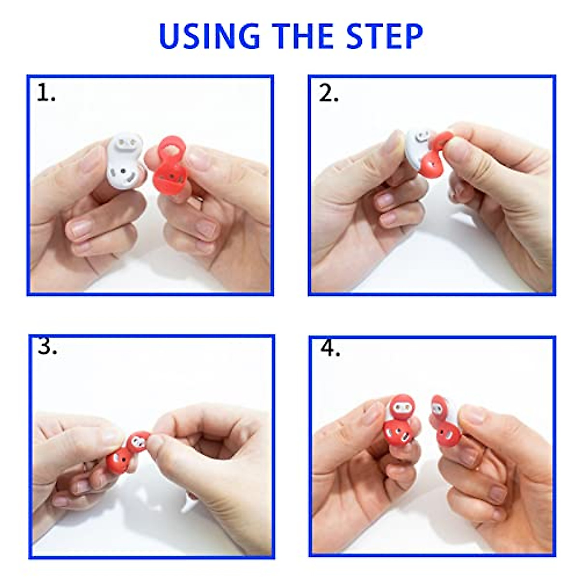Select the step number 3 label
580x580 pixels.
(x=47, y=346)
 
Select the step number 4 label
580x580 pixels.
(x=330, y=348)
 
